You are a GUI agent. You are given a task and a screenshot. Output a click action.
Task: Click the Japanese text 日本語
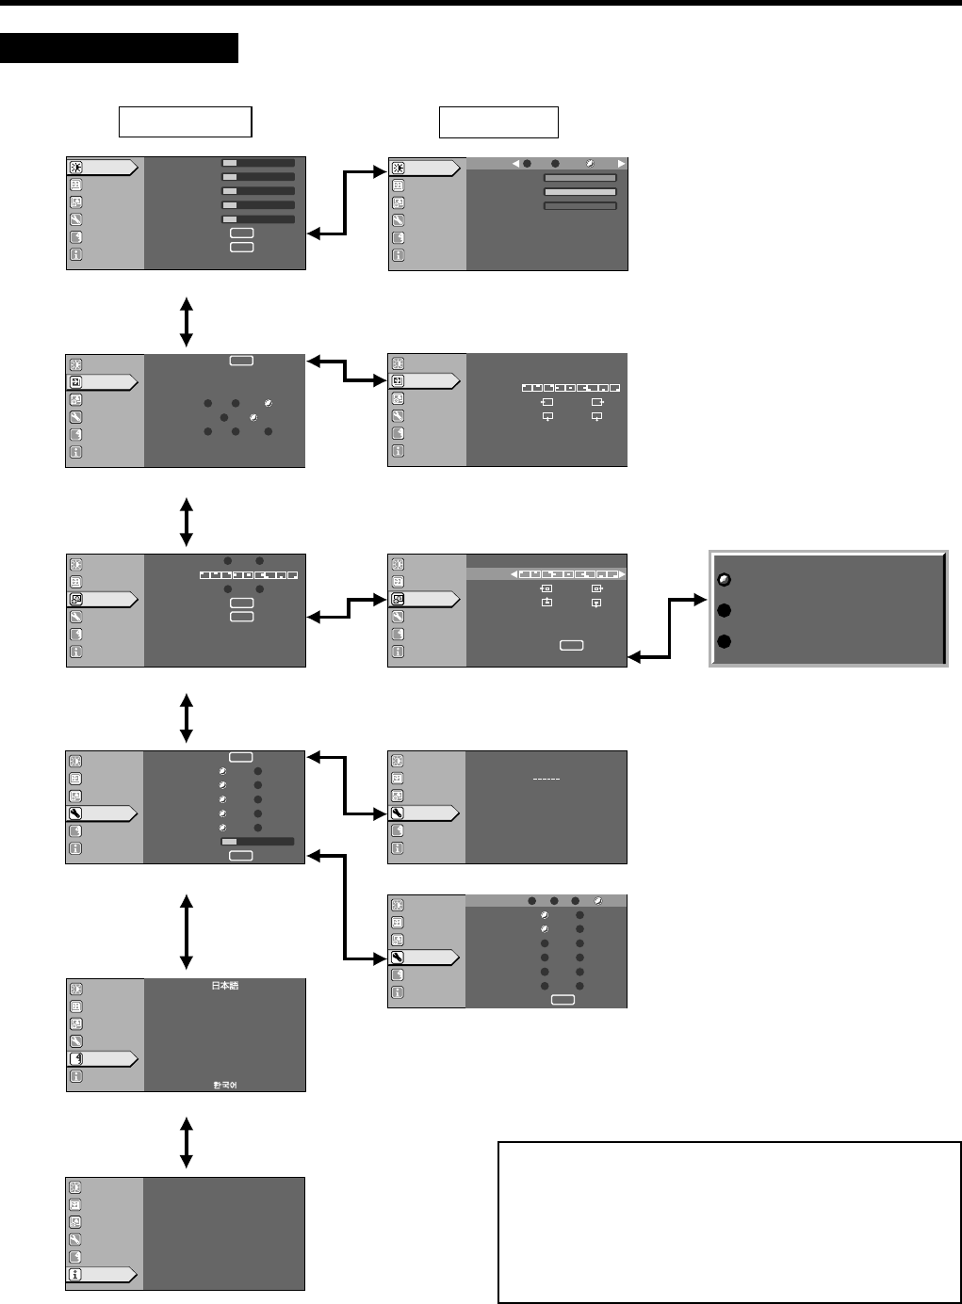tap(224, 986)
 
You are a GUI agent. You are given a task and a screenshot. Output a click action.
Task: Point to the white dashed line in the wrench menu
tap(546, 780)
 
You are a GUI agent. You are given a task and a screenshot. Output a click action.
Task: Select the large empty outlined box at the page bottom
tap(729, 1222)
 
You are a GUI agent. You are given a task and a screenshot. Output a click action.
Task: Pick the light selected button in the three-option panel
tap(725, 579)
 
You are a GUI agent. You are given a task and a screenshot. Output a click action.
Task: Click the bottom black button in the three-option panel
tap(725, 642)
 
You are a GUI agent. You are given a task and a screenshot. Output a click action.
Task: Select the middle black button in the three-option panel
tap(725, 610)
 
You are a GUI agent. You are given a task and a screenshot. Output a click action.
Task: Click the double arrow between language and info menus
tap(187, 1142)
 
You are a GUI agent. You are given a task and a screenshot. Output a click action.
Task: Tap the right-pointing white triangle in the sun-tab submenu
tap(621, 164)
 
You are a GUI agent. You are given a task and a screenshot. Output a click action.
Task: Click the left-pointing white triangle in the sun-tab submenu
tap(515, 164)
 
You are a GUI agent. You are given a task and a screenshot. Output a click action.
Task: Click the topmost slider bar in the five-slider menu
tap(258, 163)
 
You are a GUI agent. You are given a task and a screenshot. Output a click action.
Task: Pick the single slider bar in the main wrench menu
tap(257, 842)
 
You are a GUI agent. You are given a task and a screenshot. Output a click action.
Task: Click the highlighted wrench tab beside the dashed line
tap(424, 813)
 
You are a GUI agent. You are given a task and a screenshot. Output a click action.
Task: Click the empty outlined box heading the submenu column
tap(498, 122)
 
